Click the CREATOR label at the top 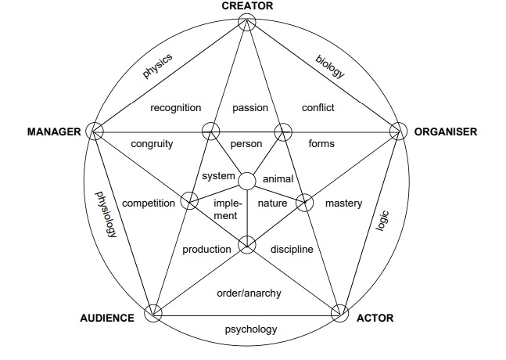click(247, 6)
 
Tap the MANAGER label click(54, 131)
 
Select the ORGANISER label click(445, 131)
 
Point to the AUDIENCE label click(107, 319)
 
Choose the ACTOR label click(375, 319)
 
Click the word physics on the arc click(157, 66)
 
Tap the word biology click(330, 66)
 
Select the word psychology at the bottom click(251, 329)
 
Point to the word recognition click(176, 108)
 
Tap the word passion click(250, 108)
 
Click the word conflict click(318, 108)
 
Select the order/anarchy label click(249, 293)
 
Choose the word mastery click(344, 203)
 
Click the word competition click(149, 203)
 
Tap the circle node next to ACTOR click(339, 313)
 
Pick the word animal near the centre click(278, 178)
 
